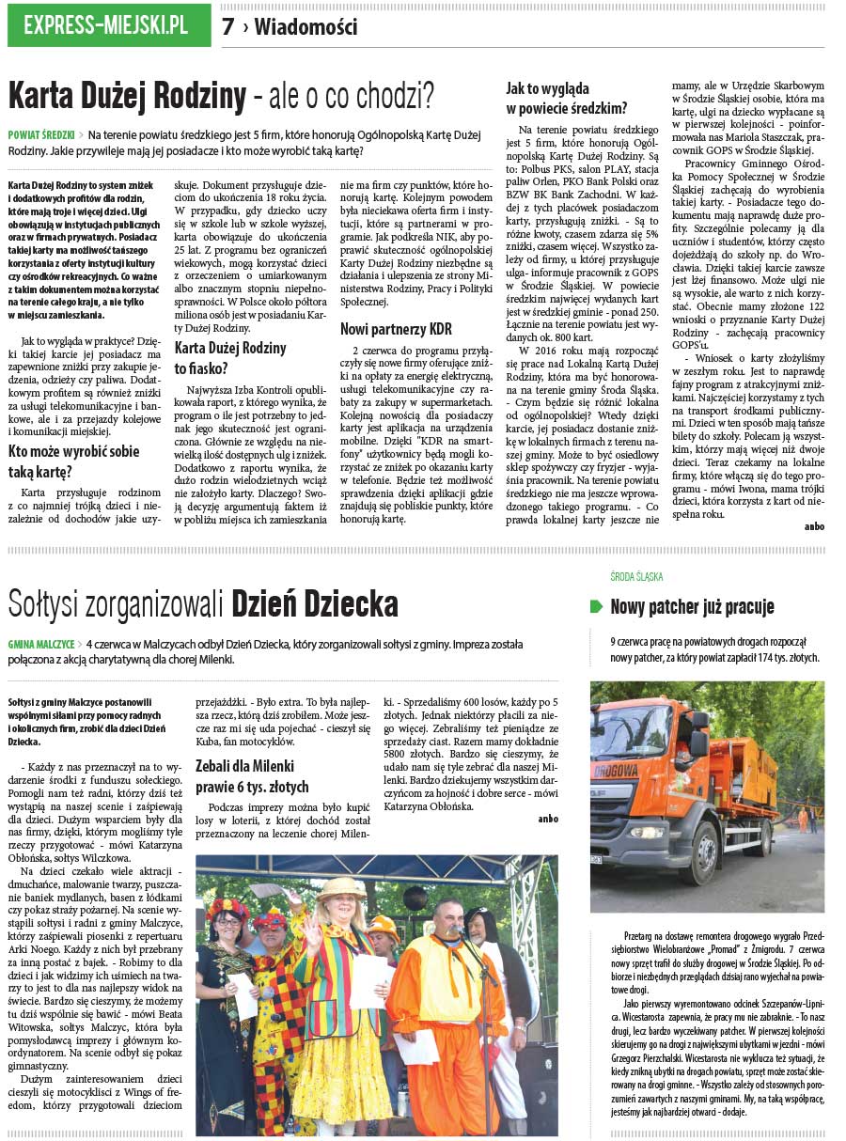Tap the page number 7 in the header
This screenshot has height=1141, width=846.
[227, 27]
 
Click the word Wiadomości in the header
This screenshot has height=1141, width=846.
[305, 27]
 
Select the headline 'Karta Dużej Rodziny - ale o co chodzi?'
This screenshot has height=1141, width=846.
[221, 96]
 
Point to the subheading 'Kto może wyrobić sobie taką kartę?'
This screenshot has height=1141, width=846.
[73, 460]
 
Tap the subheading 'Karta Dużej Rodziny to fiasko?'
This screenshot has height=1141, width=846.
[230, 358]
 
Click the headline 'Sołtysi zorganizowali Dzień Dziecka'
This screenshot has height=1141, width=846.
[203, 602]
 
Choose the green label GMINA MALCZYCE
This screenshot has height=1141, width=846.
[41, 645]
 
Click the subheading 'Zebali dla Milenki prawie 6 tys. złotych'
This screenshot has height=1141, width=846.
[251, 776]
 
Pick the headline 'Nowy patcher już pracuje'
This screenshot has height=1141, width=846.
[692, 607]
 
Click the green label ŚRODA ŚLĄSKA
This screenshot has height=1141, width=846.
[636, 576]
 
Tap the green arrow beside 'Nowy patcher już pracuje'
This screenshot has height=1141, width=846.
[596, 607]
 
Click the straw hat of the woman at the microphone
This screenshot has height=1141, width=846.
[340, 888]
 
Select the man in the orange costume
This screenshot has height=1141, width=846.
[442, 1015]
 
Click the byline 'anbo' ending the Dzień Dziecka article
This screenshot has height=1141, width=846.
[547, 819]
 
